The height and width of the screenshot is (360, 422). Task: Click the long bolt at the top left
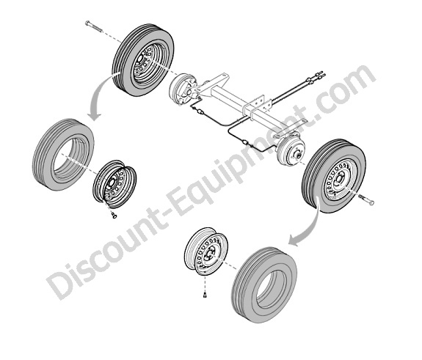94,26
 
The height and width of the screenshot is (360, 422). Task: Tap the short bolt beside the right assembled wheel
366,199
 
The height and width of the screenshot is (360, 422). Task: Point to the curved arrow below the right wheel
308,224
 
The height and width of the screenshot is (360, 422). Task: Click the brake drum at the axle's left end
183,88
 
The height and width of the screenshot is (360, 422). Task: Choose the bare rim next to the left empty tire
114,184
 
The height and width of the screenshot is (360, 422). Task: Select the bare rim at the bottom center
206,251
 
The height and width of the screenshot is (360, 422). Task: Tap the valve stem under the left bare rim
114,215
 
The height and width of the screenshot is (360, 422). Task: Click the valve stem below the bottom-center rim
205,295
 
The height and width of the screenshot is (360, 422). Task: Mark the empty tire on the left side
63,155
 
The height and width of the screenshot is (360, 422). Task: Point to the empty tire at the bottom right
264,284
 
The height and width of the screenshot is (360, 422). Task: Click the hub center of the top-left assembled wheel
140,59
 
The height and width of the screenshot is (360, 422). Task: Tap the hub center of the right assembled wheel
338,180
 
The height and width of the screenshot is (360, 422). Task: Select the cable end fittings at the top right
317,76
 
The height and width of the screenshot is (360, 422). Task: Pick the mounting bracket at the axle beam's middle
257,107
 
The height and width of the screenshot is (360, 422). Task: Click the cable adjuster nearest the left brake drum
200,111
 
